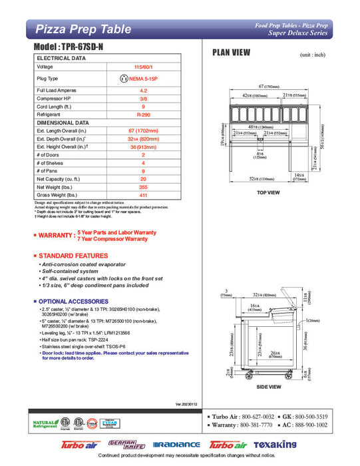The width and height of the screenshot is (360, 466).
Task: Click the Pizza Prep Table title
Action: [74, 29]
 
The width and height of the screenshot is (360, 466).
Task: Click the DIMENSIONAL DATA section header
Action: [63, 122]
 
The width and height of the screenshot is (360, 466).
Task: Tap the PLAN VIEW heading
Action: [231, 53]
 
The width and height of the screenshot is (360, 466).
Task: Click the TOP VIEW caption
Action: [268, 192]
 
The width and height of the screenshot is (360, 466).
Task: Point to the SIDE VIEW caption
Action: [269, 385]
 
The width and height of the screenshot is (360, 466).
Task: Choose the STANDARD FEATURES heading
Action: [73, 256]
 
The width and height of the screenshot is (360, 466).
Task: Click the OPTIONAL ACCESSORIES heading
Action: [78, 301]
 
